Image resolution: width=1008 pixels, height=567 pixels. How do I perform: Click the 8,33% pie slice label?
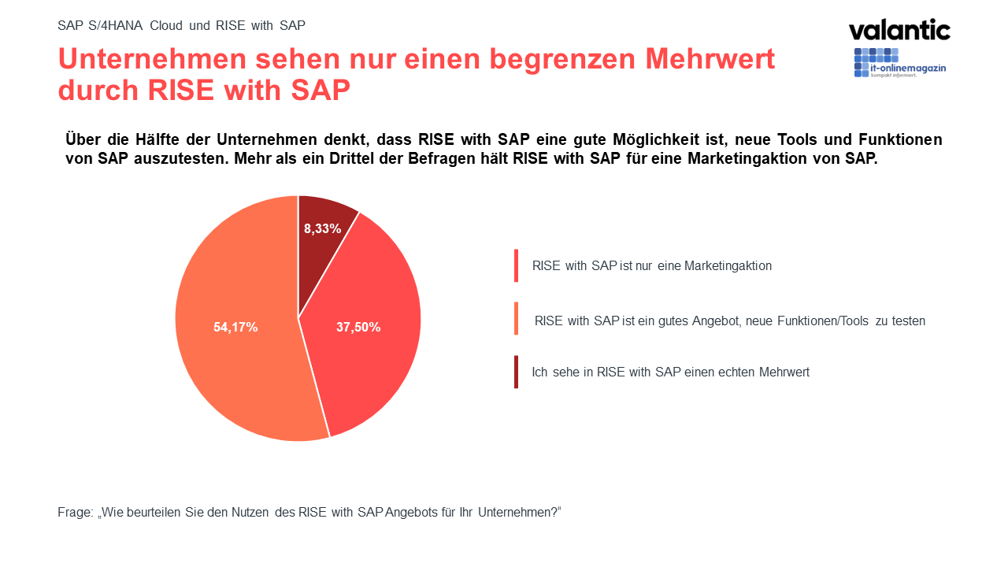(323, 229)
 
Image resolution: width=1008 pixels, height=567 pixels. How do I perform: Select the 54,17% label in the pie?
(235, 327)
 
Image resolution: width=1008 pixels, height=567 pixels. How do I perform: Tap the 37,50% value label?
(358, 327)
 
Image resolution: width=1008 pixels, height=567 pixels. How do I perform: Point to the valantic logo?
(899, 31)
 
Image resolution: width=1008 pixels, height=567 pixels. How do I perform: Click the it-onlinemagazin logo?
(899, 63)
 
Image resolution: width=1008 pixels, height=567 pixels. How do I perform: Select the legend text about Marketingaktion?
(651, 265)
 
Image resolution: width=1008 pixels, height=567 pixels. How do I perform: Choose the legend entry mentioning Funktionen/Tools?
(729, 321)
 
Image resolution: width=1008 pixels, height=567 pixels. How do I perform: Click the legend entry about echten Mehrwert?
(670, 372)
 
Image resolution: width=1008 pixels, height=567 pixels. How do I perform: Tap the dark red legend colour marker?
(517, 372)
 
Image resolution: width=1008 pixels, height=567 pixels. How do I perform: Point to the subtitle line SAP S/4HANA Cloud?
(181, 25)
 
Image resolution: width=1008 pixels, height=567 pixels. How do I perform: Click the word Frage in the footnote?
(75, 512)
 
